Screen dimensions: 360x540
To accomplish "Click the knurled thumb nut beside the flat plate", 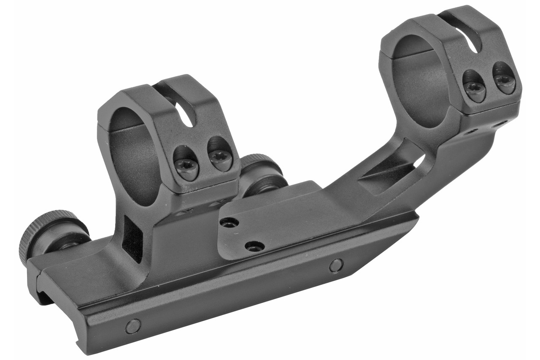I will point(262,173).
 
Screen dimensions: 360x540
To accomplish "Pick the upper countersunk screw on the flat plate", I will point(229,222).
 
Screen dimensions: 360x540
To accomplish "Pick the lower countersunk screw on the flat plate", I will point(255,246).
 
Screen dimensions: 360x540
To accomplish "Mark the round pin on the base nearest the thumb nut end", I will point(133,326).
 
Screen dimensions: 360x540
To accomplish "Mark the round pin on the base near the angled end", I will point(336,265).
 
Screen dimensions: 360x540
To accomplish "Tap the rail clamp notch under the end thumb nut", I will point(44,291).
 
